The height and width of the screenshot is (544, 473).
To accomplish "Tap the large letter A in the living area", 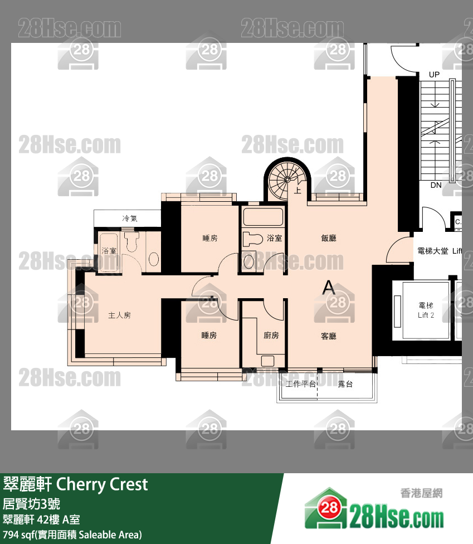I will (329, 288).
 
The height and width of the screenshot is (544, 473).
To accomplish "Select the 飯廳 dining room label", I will (329, 238).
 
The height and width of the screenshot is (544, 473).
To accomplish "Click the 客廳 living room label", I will (329, 336).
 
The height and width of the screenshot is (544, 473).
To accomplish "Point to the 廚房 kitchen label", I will (271, 336).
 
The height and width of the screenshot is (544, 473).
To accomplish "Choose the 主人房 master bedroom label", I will (119, 315).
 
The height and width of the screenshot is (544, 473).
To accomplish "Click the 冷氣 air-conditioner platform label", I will (129, 218).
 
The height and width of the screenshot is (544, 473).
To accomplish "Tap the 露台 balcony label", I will (345, 384).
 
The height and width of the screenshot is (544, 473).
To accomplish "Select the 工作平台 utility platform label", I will (300, 384).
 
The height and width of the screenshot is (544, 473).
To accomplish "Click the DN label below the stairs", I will (436, 185).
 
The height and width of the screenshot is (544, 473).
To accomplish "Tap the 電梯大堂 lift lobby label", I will (433, 251).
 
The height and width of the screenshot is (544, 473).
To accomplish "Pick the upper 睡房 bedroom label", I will (209, 238).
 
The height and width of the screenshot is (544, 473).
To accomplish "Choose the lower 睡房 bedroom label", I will (209, 336).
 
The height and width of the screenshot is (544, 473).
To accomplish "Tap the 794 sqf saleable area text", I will (72, 535).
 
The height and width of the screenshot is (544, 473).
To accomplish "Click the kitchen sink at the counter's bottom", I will (269, 361).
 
